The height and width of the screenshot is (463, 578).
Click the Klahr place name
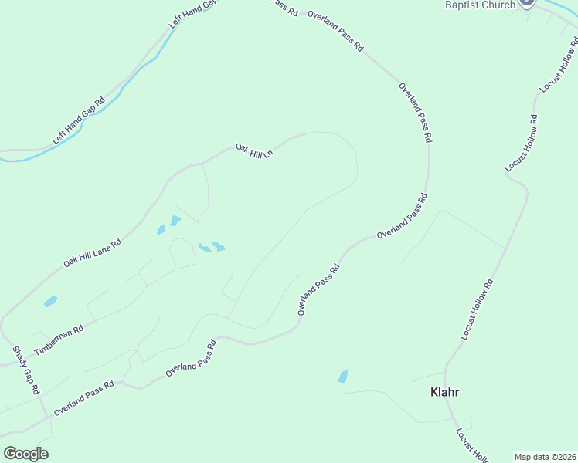444,391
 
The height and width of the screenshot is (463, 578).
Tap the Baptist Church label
480,5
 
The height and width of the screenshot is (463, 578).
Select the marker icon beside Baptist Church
527,3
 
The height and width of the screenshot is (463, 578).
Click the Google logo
25,454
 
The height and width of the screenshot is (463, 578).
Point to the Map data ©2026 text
546,457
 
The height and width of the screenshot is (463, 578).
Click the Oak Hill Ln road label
254,150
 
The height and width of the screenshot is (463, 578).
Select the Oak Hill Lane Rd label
93,252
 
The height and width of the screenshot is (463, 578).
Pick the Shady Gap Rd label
25,370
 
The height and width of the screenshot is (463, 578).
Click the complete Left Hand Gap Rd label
78,121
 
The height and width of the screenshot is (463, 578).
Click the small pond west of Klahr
343,377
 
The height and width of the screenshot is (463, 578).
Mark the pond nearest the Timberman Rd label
51,301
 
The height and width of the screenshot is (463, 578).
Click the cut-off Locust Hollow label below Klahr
471,446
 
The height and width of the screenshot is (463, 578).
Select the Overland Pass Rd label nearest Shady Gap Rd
83,398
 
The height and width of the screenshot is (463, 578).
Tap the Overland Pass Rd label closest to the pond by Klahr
318,290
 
